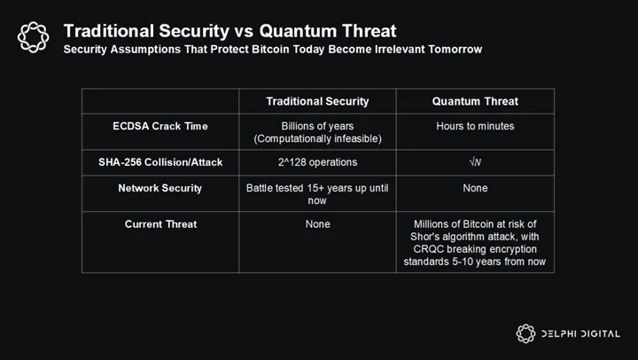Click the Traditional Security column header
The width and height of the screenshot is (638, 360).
(x=317, y=101)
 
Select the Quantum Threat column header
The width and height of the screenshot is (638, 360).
(x=475, y=101)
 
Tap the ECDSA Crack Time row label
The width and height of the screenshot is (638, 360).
(x=160, y=126)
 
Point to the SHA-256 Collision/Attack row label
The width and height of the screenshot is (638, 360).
(x=160, y=162)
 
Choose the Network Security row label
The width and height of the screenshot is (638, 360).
(x=159, y=188)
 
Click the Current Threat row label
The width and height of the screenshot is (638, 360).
(x=160, y=224)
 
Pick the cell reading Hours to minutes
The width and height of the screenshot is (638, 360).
(x=475, y=126)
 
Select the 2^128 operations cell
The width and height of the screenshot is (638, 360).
(x=317, y=162)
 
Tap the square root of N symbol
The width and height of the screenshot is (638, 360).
(x=475, y=162)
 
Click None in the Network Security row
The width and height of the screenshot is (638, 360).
(x=475, y=188)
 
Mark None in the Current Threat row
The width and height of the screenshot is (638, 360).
(x=318, y=224)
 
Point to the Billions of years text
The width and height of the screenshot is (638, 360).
(x=317, y=126)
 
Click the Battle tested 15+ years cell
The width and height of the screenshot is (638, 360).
(x=317, y=194)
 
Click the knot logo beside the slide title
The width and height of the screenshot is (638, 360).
(x=34, y=37)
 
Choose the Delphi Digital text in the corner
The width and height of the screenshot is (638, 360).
(x=580, y=334)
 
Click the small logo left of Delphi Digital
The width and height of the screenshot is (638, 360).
(x=525, y=333)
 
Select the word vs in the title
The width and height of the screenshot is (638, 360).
(x=245, y=31)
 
